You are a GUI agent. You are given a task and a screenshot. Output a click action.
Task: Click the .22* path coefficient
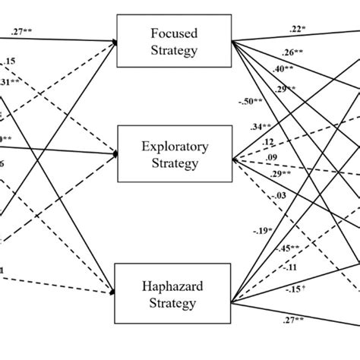click(298, 30)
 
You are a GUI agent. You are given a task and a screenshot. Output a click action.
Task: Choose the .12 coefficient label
click(267, 142)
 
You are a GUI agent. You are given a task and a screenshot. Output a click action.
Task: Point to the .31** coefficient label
click(11, 83)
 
